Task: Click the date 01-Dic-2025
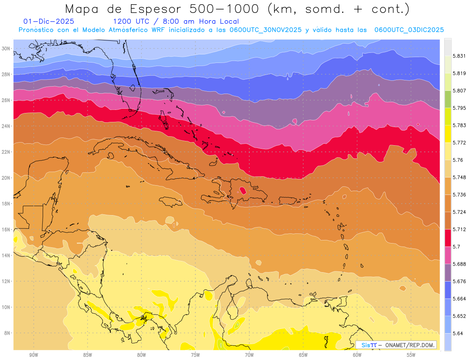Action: coord(49,22)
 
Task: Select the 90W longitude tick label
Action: coord(34,355)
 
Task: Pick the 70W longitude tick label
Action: coord(249,355)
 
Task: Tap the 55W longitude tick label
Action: coord(411,355)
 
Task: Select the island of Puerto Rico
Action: coord(288,200)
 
